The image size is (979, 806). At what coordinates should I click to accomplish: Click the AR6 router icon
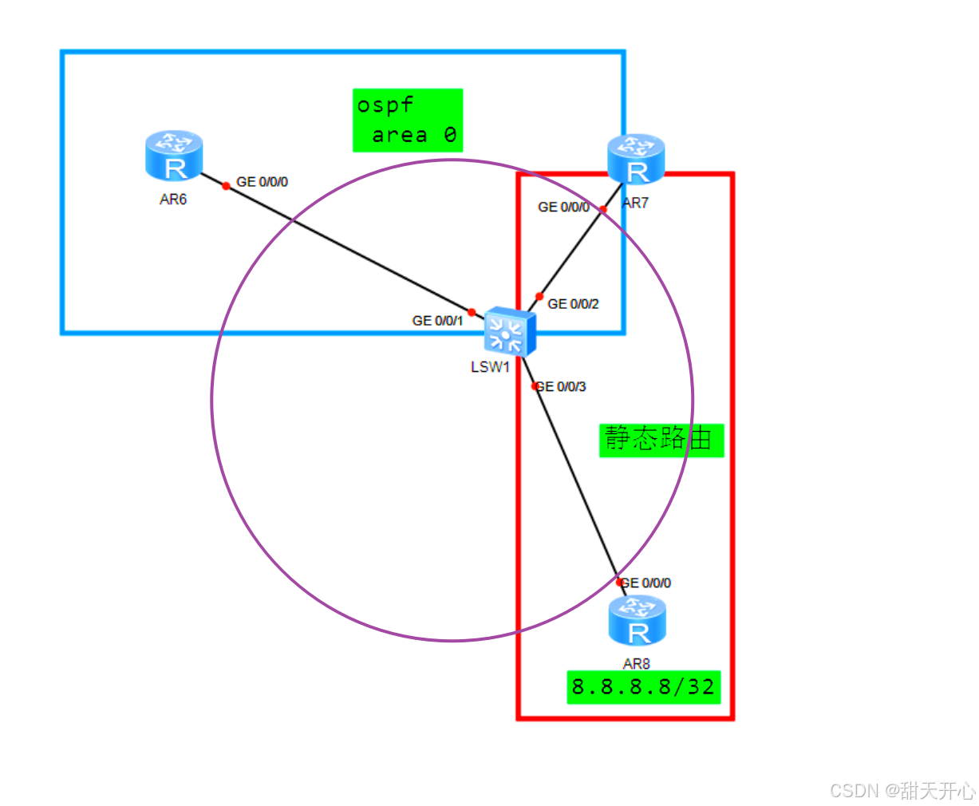click(x=174, y=156)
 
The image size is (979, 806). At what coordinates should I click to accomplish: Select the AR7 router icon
click(x=636, y=159)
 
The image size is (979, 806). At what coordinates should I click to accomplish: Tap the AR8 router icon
click(x=637, y=620)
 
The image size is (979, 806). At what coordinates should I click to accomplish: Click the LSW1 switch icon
click(x=509, y=330)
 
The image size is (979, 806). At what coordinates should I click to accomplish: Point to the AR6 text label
click(x=173, y=200)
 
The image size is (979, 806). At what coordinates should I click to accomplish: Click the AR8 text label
click(x=637, y=664)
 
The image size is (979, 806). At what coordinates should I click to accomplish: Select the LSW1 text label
click(x=490, y=367)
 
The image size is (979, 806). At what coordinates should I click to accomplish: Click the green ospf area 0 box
click(x=408, y=121)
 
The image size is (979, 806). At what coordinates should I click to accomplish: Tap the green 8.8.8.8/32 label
click(x=644, y=687)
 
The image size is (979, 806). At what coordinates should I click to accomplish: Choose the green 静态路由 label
click(x=661, y=440)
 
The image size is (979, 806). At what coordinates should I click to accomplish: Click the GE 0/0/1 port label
click(x=437, y=321)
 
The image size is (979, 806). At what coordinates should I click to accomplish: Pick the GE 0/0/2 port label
click(x=573, y=304)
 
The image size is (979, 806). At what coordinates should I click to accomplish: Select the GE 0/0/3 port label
click(x=562, y=387)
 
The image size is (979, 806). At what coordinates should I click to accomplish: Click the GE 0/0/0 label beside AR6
click(x=262, y=182)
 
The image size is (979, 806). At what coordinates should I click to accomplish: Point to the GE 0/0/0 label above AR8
click(x=646, y=583)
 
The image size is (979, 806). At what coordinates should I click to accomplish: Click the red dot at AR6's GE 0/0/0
click(x=226, y=186)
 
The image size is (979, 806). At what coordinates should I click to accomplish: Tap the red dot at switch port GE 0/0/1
click(x=472, y=312)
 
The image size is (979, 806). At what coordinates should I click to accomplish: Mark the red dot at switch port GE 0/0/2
click(x=539, y=296)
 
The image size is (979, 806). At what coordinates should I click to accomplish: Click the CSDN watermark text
click(x=902, y=791)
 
